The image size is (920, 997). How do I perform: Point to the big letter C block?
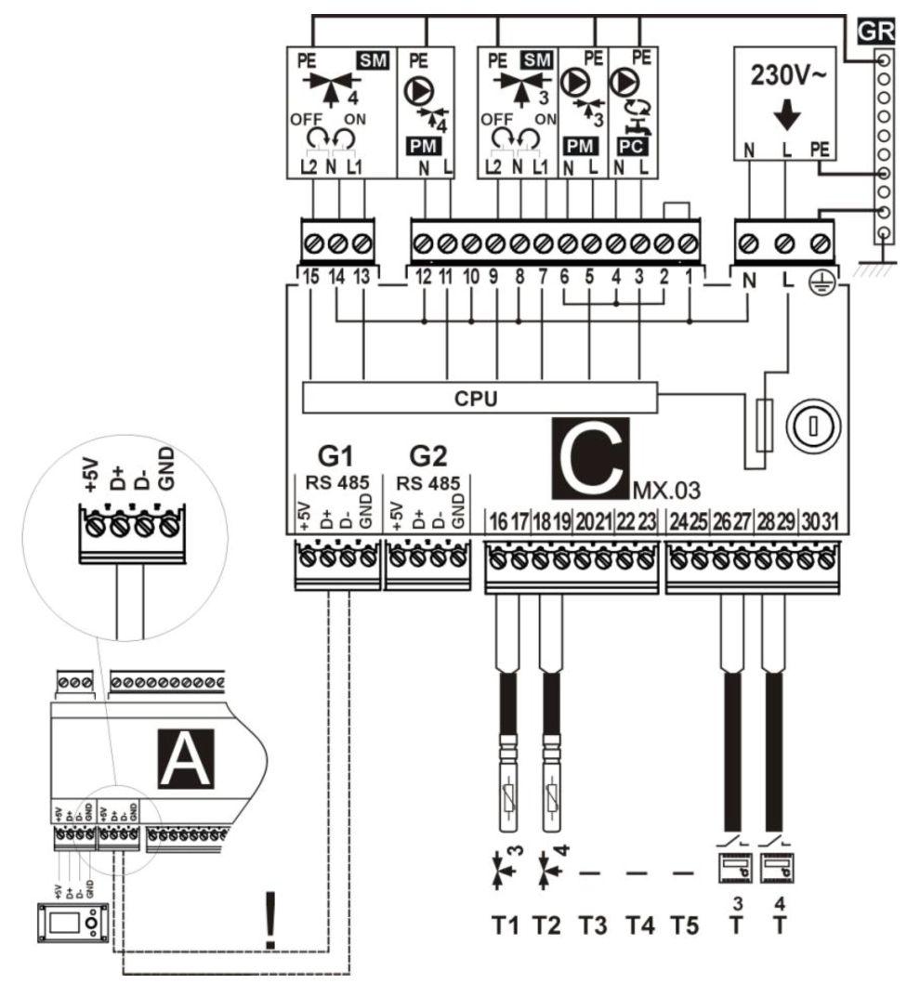tap(591, 455)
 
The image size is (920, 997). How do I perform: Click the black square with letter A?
tap(189, 757)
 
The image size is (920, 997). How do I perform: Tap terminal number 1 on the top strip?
tap(687, 276)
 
